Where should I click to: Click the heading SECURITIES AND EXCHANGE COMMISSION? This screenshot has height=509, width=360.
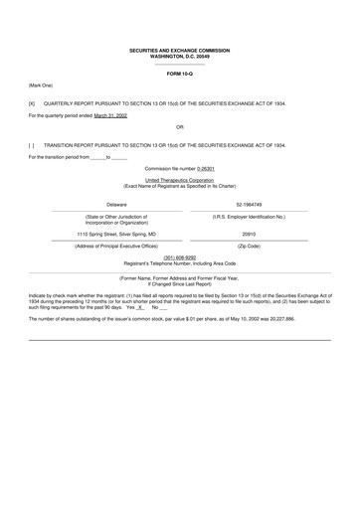180,49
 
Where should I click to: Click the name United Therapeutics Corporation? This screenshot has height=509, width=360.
180,181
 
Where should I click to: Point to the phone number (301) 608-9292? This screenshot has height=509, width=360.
179,255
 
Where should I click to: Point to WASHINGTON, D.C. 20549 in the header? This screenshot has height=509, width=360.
180,55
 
